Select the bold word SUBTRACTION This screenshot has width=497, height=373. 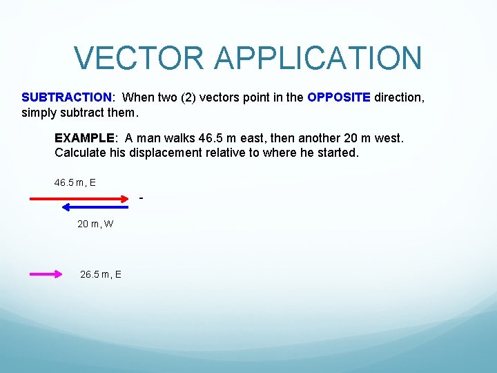(66, 97)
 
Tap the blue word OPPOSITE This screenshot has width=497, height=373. (339, 97)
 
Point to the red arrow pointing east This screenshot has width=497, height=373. (79, 198)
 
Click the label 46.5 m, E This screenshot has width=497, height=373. (75, 182)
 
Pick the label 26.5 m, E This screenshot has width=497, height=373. (101, 274)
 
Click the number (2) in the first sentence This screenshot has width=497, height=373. (188, 97)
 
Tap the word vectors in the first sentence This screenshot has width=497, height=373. (220, 97)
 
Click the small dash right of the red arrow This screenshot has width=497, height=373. (141, 199)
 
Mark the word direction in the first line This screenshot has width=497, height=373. (398, 97)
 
